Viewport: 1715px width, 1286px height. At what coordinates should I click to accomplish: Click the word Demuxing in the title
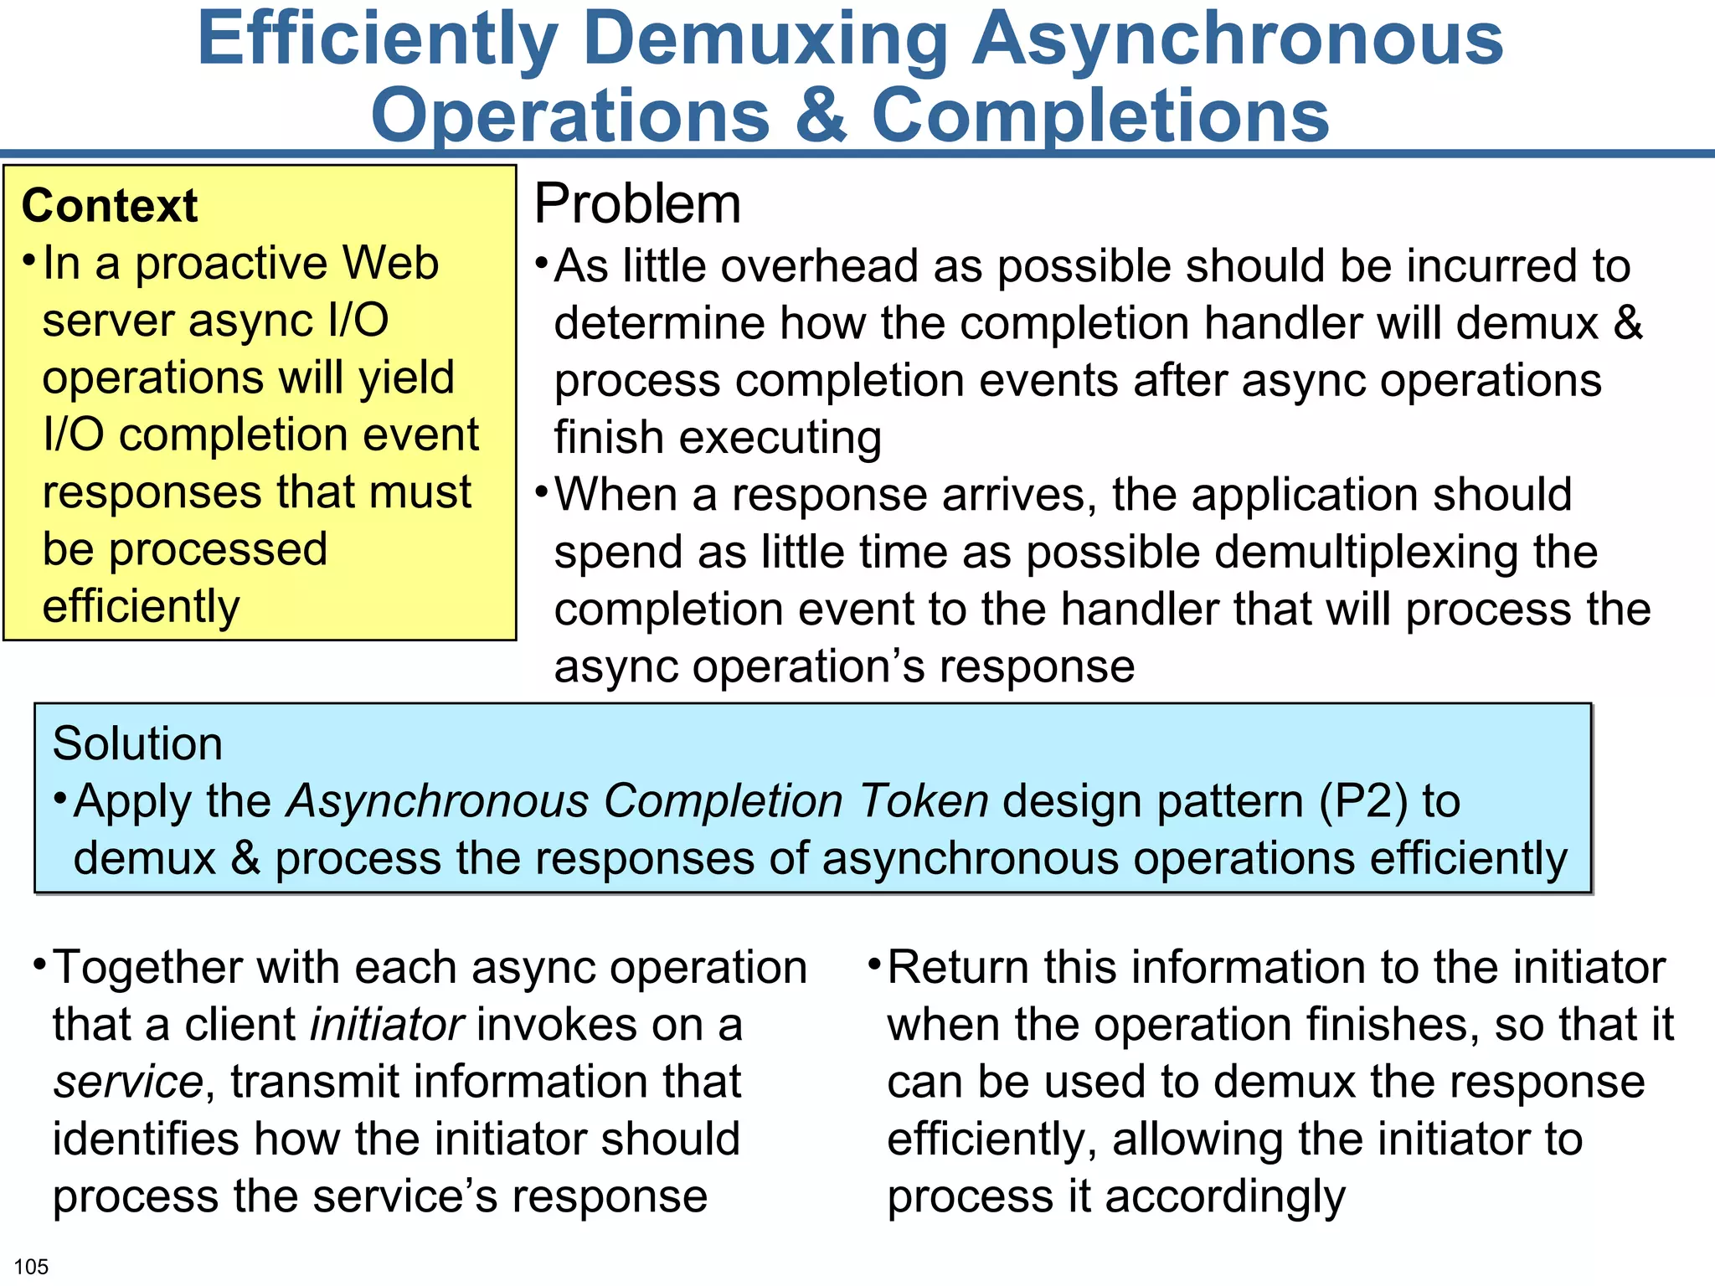pos(771,40)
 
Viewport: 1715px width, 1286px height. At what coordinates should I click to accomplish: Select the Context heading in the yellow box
pos(110,206)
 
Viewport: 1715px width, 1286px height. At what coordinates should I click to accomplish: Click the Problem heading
pos(637,203)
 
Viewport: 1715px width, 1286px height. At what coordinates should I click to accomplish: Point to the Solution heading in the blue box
pos(137,743)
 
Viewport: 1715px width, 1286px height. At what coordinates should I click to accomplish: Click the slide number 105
pos(31,1267)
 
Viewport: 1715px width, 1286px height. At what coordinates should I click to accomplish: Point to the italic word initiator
pos(386,1025)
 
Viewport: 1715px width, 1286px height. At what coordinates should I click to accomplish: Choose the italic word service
pos(127,1082)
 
